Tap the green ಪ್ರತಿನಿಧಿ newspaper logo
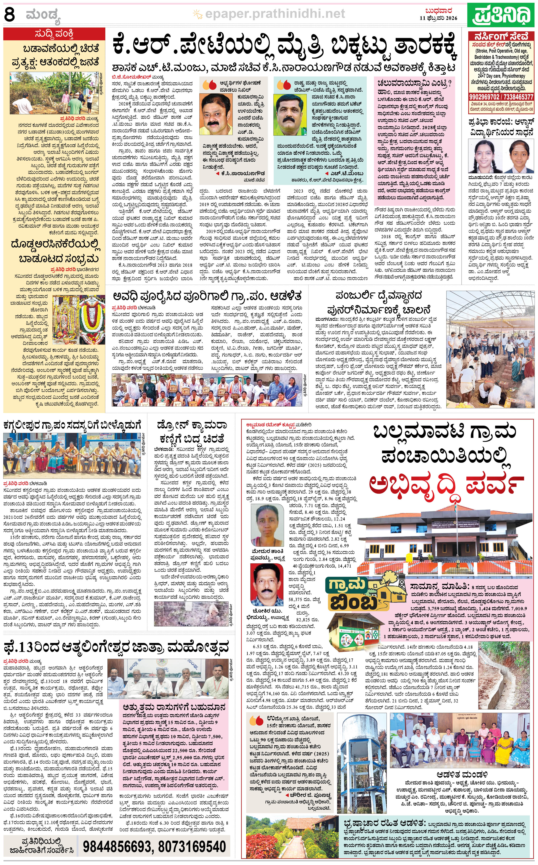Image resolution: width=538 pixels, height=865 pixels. (x=501, y=14)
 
